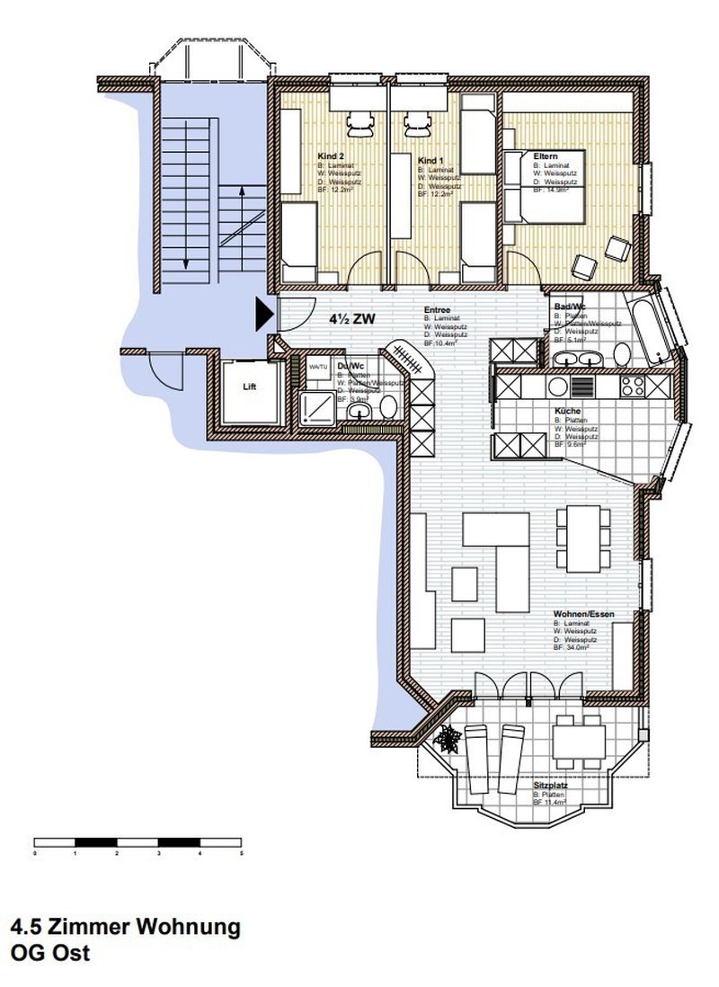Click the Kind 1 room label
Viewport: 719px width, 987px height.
coord(431,161)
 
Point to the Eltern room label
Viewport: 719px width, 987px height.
coord(545,156)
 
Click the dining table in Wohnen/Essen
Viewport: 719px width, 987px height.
coord(580,539)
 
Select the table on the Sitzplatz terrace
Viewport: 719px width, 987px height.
coord(575,738)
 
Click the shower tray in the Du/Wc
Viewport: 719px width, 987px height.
coord(315,408)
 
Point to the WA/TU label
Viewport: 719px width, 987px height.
coord(318,368)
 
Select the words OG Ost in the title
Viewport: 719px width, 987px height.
coord(50,954)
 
